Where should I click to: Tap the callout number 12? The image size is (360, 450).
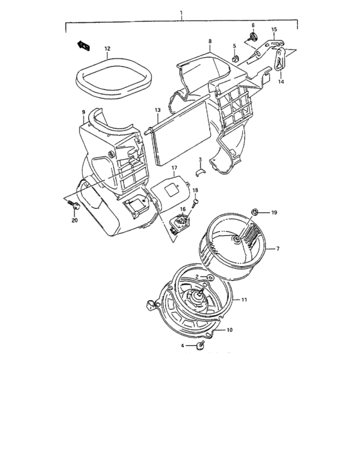[107, 48]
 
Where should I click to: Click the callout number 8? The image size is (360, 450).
[209, 41]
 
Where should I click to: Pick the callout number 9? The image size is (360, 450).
[83, 113]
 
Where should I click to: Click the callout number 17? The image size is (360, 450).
[174, 168]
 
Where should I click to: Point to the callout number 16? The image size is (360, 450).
[183, 210]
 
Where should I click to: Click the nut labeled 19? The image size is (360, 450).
[255, 212]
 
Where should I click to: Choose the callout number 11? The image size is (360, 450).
[244, 300]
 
